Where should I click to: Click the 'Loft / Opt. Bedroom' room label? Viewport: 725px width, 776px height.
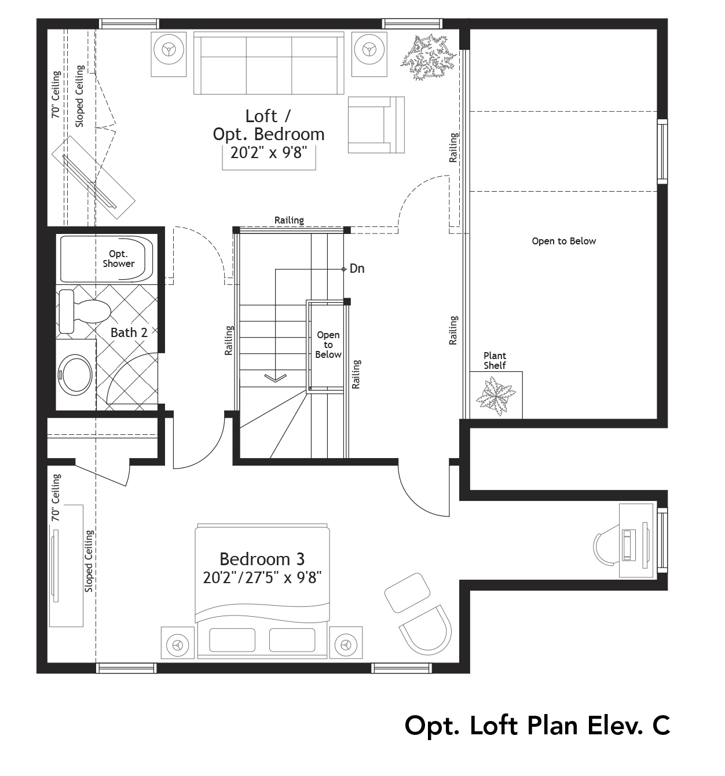click(x=269, y=125)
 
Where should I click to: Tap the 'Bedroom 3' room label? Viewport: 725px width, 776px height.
click(x=262, y=559)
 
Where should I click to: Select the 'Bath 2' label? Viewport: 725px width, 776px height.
click(x=129, y=332)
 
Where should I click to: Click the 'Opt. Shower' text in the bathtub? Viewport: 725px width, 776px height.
click(x=118, y=259)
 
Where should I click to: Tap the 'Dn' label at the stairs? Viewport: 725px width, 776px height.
click(x=357, y=269)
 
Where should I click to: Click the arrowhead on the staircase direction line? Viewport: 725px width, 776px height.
click(x=275, y=378)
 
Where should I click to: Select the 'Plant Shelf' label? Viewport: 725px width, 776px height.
click(x=495, y=360)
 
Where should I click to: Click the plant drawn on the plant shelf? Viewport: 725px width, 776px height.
click(x=496, y=396)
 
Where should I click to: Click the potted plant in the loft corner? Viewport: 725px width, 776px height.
click(x=426, y=56)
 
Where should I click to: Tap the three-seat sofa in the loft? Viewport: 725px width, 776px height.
click(x=269, y=63)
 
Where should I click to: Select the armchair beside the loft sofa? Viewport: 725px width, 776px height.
click(x=375, y=125)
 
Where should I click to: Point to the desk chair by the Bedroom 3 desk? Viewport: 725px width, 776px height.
click(x=605, y=547)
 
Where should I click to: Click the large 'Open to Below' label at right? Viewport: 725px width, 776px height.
click(x=563, y=241)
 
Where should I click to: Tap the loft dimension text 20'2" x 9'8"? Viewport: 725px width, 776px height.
click(x=268, y=153)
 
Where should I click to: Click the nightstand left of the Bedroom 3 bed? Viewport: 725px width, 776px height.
click(x=177, y=643)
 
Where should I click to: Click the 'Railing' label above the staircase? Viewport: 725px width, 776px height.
click(x=289, y=220)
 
